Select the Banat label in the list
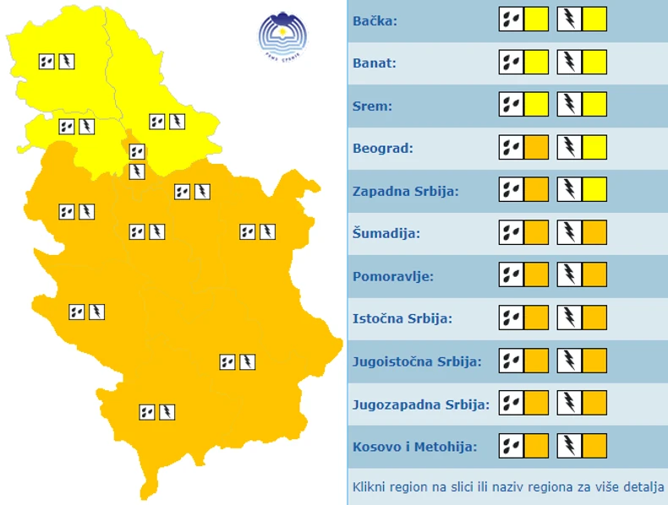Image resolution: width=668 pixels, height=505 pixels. pos(375,63)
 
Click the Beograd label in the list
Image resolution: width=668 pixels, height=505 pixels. pos(383,149)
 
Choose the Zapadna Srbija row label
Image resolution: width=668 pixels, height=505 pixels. pos(405,192)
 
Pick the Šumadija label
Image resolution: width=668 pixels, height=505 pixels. pos(386,234)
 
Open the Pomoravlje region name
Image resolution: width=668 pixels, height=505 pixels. pos(392,276)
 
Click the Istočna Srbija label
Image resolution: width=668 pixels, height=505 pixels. pos(402,319)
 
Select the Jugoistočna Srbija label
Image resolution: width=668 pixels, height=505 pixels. pos(417,361)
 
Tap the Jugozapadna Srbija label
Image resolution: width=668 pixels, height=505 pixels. pos(420,405)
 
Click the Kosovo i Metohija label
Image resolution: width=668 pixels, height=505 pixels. pos(414,447)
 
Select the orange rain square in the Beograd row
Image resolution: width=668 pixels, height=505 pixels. pos(536,147)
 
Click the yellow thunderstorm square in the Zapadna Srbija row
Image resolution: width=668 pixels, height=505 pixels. pos(594,189)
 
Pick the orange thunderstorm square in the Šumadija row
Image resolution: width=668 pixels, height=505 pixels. pos(594,232)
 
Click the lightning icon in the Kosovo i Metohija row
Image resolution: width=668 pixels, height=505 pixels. pos(569,445)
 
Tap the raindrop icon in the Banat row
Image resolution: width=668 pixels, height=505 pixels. pos(511,62)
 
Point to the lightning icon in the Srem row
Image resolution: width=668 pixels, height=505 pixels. pos(569,104)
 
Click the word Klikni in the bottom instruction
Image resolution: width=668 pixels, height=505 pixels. pos(370,487)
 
